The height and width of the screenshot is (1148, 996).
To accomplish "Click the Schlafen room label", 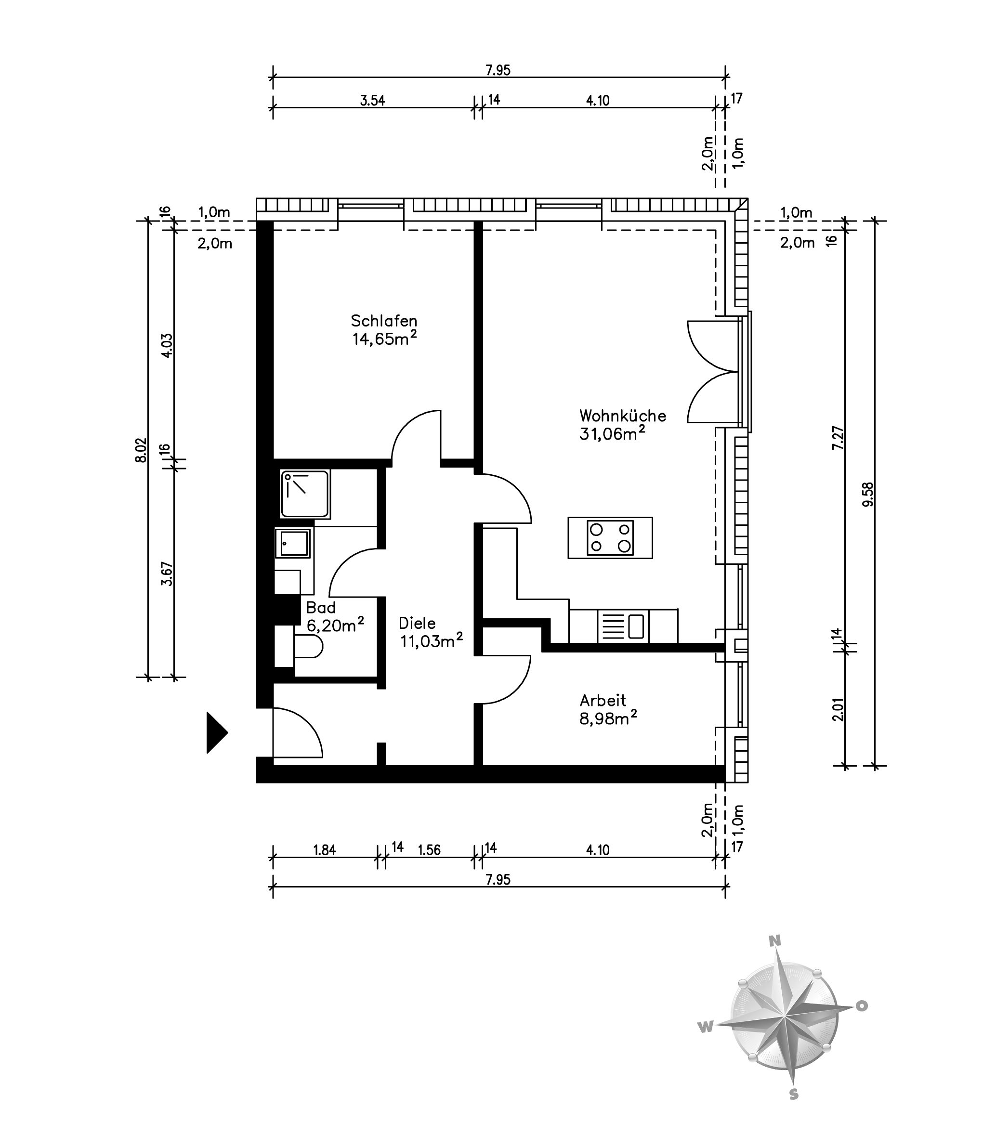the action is tap(383, 321).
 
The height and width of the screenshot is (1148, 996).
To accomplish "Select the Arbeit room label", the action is tap(603, 700).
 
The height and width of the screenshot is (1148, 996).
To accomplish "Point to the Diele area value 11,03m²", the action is tap(432, 640).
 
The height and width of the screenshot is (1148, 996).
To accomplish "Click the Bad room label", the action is tap(321, 607).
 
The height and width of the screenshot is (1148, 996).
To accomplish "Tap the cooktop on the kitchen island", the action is tap(610, 537).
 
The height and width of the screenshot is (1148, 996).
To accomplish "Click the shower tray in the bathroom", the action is tap(305, 494).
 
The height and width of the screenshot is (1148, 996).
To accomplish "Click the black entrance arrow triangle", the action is tap(217, 732).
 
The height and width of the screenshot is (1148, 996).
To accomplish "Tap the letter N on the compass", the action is tap(775, 940).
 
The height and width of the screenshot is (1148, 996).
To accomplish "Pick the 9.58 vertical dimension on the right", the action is tap(868, 494).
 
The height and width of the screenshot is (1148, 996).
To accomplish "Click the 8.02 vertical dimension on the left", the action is tap(141, 450).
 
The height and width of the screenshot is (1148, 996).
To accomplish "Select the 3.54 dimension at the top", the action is tap(372, 101).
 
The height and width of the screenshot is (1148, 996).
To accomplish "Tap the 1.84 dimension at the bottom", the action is tap(325, 850).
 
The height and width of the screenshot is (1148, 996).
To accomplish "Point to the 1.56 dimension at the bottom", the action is tap(429, 850).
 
